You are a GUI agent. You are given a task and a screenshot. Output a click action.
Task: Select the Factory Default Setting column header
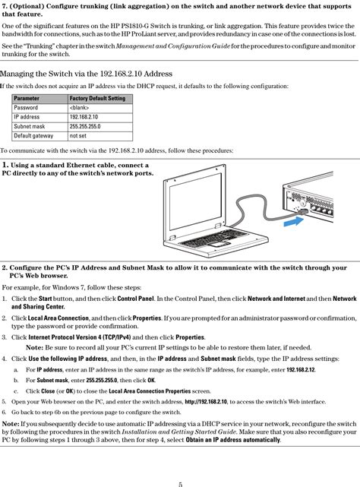[97, 99]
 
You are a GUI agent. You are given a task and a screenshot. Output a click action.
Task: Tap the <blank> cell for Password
[80, 108]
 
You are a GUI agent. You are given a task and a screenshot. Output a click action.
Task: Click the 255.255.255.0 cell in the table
[85, 127]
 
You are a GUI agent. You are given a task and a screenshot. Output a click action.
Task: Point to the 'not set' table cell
[78, 136]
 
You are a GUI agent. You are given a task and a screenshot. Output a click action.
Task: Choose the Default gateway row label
[33, 136]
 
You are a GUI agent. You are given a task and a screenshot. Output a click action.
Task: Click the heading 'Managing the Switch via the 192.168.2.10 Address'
[87, 74]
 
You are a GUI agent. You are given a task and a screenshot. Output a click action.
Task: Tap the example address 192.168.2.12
[300, 368]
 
